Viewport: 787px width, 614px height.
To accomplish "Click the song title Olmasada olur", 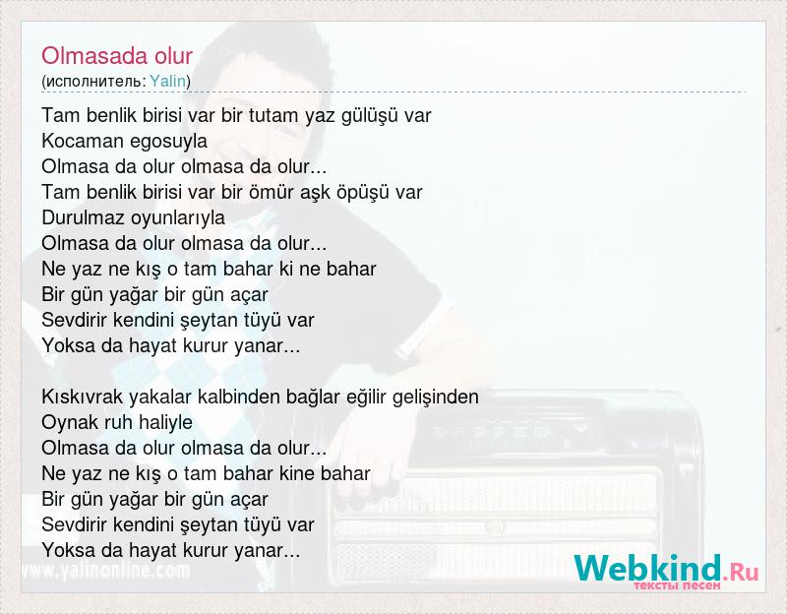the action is pos(117,56).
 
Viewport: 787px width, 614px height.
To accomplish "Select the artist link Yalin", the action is pos(167,81).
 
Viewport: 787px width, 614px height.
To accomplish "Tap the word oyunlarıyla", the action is pos(178,218).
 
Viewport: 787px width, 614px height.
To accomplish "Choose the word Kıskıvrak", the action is pos(83,397).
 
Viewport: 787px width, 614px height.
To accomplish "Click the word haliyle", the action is pos(165,423).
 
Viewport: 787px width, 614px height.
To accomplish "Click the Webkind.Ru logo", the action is pos(667,569).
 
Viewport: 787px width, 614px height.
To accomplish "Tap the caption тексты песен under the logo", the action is pos(677,585).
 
